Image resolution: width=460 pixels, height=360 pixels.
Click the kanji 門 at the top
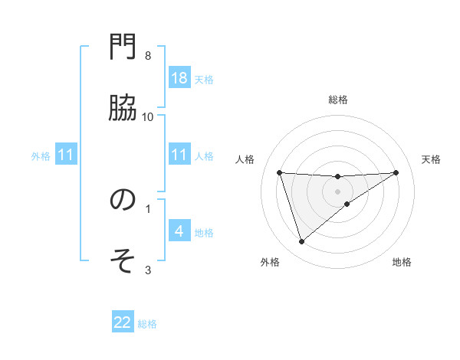[123, 49]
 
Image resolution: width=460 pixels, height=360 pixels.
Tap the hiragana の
[123, 200]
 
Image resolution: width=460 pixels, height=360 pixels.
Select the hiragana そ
[123, 260]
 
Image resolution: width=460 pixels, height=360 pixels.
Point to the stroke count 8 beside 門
[148, 56]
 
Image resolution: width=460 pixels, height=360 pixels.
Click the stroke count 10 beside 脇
[148, 116]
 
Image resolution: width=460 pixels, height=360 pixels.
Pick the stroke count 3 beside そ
[148, 269]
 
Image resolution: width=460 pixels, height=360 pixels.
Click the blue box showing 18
[179, 78]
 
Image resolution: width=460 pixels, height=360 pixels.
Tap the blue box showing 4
[179, 231]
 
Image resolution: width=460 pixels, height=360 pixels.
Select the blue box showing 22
[123, 322]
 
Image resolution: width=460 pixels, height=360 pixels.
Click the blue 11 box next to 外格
[65, 155]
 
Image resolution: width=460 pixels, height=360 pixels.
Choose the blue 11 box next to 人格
[179, 155]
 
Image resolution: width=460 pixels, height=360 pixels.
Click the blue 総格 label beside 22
[147, 324]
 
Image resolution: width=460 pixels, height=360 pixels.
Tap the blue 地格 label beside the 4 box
[204, 233]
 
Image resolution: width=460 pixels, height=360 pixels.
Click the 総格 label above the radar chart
[337, 100]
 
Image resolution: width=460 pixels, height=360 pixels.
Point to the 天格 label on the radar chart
[431, 159]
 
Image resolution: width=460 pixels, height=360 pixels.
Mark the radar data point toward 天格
[396, 172]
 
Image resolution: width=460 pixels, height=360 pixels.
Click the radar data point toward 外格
[301, 242]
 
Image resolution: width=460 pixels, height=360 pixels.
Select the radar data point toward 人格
[279, 172]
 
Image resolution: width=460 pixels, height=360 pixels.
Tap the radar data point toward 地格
[347, 204]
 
